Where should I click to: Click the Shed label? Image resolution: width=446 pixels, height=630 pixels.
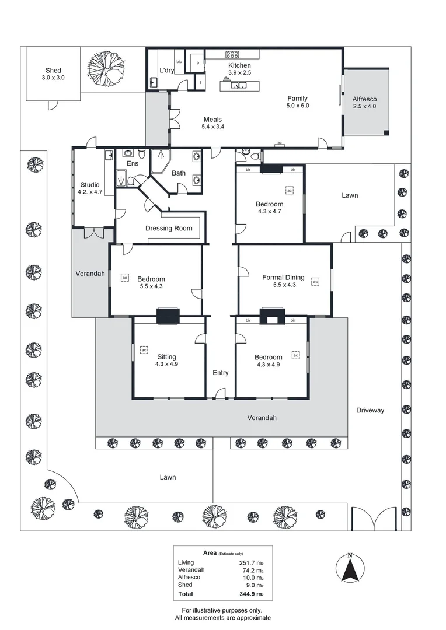coord(53,71)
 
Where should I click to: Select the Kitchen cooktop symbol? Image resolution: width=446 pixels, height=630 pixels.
coord(234,55)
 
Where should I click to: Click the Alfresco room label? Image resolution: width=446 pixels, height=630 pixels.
coord(364,99)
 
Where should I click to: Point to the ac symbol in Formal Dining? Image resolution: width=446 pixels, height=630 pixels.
coord(315,282)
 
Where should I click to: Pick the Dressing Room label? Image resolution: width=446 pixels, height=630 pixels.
coord(169,228)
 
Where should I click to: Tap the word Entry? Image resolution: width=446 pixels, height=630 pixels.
coord(221,373)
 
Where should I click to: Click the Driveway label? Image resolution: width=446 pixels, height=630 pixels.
coord(370,410)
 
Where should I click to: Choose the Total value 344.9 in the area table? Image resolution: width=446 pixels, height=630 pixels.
coord(252,594)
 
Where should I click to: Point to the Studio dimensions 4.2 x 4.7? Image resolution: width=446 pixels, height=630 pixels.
coord(90,192)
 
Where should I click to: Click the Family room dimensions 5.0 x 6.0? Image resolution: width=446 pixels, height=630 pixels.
coord(297,106)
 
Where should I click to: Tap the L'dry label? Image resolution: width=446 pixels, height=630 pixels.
coord(167,71)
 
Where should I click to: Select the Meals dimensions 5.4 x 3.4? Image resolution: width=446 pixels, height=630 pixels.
coord(212,126)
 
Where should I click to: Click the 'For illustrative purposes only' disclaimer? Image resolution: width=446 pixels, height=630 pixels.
coord(223,610)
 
